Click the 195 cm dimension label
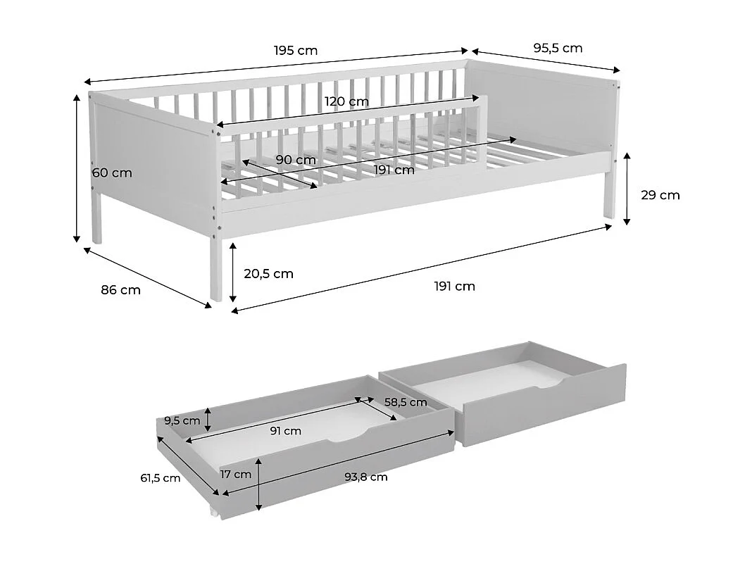pyautogui.click(x=296, y=51)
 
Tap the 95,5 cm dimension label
pyautogui.click(x=558, y=48)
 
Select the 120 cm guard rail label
pyautogui.click(x=346, y=101)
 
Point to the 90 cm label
pyautogui.click(x=296, y=160)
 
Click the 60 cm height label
pyautogui.click(x=112, y=173)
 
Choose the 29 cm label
pyautogui.click(x=660, y=195)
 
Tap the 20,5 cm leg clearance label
pyautogui.click(x=268, y=274)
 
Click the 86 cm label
pyautogui.click(x=121, y=290)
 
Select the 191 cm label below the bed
pyautogui.click(x=455, y=287)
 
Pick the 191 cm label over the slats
pyautogui.click(x=394, y=170)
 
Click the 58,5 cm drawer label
pyautogui.click(x=406, y=402)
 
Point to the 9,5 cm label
pyautogui.click(x=182, y=421)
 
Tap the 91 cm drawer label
pyautogui.click(x=285, y=431)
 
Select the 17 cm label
pyautogui.click(x=235, y=475)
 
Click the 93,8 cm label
pyautogui.click(x=366, y=477)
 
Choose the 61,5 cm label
pyautogui.click(x=160, y=478)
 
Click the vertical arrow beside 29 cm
pyautogui.click(x=627, y=189)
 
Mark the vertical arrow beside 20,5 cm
pyautogui.click(x=233, y=272)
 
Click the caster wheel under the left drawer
pyautogui.click(x=213, y=513)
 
